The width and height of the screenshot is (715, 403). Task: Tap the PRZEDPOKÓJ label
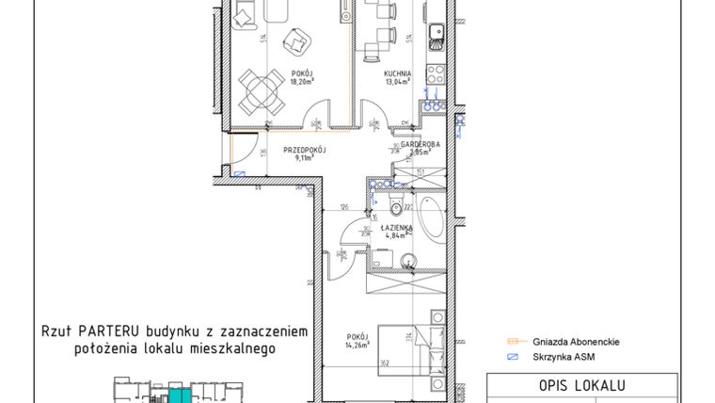tap(305, 149)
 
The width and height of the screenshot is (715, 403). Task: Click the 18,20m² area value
tap(300, 81)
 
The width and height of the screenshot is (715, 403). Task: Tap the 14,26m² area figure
tap(355, 344)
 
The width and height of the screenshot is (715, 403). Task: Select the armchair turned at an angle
tap(299, 41)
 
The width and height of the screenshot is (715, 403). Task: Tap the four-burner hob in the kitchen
tap(437, 72)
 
